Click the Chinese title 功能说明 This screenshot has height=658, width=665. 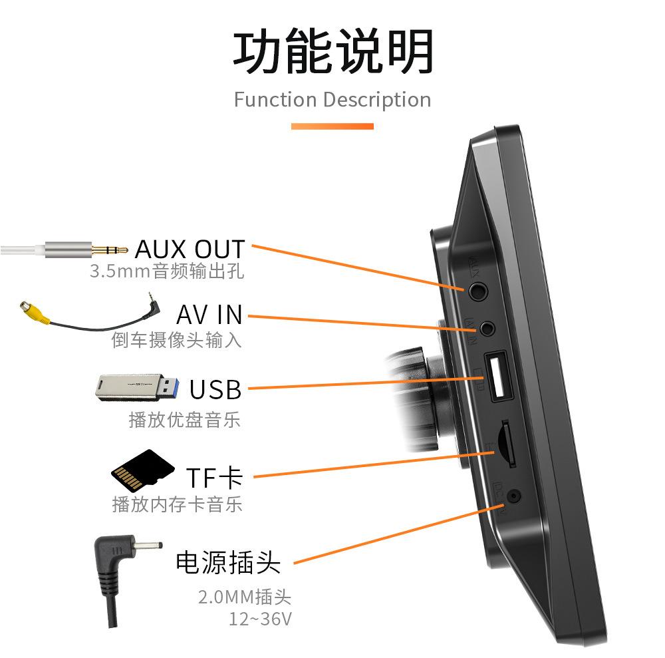[x=333, y=52]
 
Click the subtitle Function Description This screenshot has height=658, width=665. [x=332, y=100]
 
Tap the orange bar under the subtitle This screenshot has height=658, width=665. [x=332, y=126]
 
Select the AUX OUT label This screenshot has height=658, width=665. [x=190, y=249]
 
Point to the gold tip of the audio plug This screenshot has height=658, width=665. [x=110, y=250]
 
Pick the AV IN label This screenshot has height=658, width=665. [x=209, y=315]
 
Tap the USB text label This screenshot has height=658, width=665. [x=215, y=389]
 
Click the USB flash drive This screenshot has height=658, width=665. [x=137, y=387]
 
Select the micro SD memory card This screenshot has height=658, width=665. [x=142, y=470]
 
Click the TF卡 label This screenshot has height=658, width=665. [x=215, y=478]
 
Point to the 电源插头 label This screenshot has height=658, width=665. [x=228, y=563]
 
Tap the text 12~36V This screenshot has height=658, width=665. [x=261, y=619]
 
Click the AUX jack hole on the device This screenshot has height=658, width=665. [x=478, y=291]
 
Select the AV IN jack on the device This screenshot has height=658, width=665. [x=487, y=329]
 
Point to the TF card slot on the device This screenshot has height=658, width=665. [x=508, y=443]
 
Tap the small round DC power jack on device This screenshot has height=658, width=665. [x=514, y=496]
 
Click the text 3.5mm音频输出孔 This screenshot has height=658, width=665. [x=167, y=271]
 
